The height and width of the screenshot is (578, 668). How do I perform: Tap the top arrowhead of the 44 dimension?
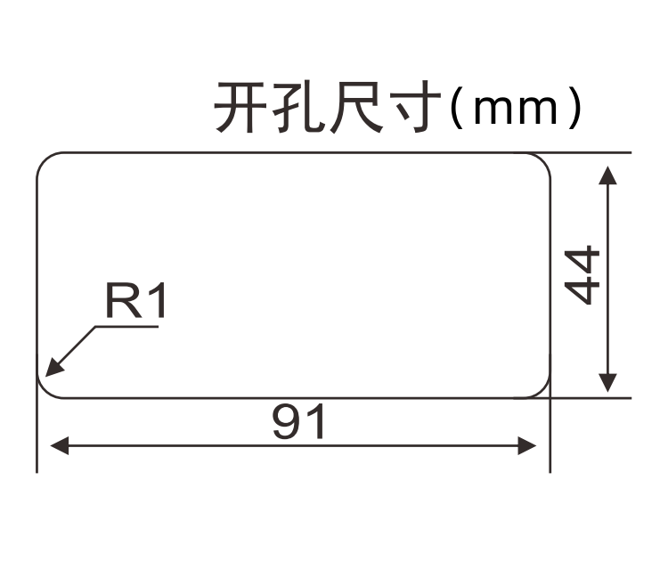pos(608,175)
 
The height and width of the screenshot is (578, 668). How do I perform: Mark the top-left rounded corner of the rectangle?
pos(45,161)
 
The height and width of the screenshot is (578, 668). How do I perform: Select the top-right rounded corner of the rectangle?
pos(542,161)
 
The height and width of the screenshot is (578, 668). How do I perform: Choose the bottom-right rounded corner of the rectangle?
pos(542,389)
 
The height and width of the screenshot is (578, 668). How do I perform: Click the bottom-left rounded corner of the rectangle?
pos(45,389)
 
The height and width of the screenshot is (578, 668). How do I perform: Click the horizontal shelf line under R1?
pos(127,327)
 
